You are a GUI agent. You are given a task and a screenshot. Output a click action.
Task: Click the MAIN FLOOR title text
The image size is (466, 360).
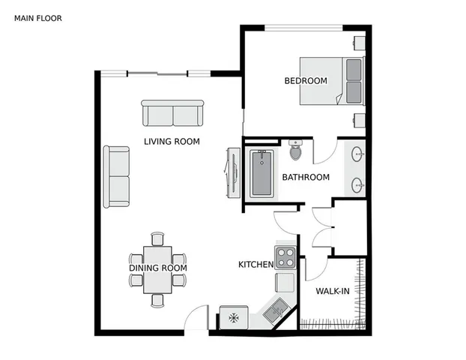point(37,17)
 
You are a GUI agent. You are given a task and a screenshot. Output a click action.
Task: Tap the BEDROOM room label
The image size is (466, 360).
point(306,80)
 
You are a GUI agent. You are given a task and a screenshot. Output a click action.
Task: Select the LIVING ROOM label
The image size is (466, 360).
point(172,140)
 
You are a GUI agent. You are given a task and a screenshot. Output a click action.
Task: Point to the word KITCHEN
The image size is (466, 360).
point(255,265)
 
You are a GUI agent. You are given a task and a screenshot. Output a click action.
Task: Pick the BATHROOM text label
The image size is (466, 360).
point(305,177)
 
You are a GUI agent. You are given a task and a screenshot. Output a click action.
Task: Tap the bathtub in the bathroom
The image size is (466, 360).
point(261,173)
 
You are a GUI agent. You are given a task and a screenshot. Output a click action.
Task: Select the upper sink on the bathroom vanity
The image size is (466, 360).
point(358,155)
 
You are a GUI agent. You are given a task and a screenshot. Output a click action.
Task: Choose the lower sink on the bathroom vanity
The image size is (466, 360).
point(358,182)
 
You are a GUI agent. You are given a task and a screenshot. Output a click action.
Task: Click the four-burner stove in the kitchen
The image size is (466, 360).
point(285,258)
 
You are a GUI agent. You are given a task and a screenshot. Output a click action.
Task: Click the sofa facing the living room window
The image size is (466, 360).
point(173,114)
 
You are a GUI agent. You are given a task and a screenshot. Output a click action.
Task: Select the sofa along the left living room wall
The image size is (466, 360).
point(117,177)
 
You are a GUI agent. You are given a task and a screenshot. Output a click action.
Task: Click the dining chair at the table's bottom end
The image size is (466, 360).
point(157,300)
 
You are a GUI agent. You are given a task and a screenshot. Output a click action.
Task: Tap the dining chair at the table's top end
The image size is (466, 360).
point(157,239)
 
